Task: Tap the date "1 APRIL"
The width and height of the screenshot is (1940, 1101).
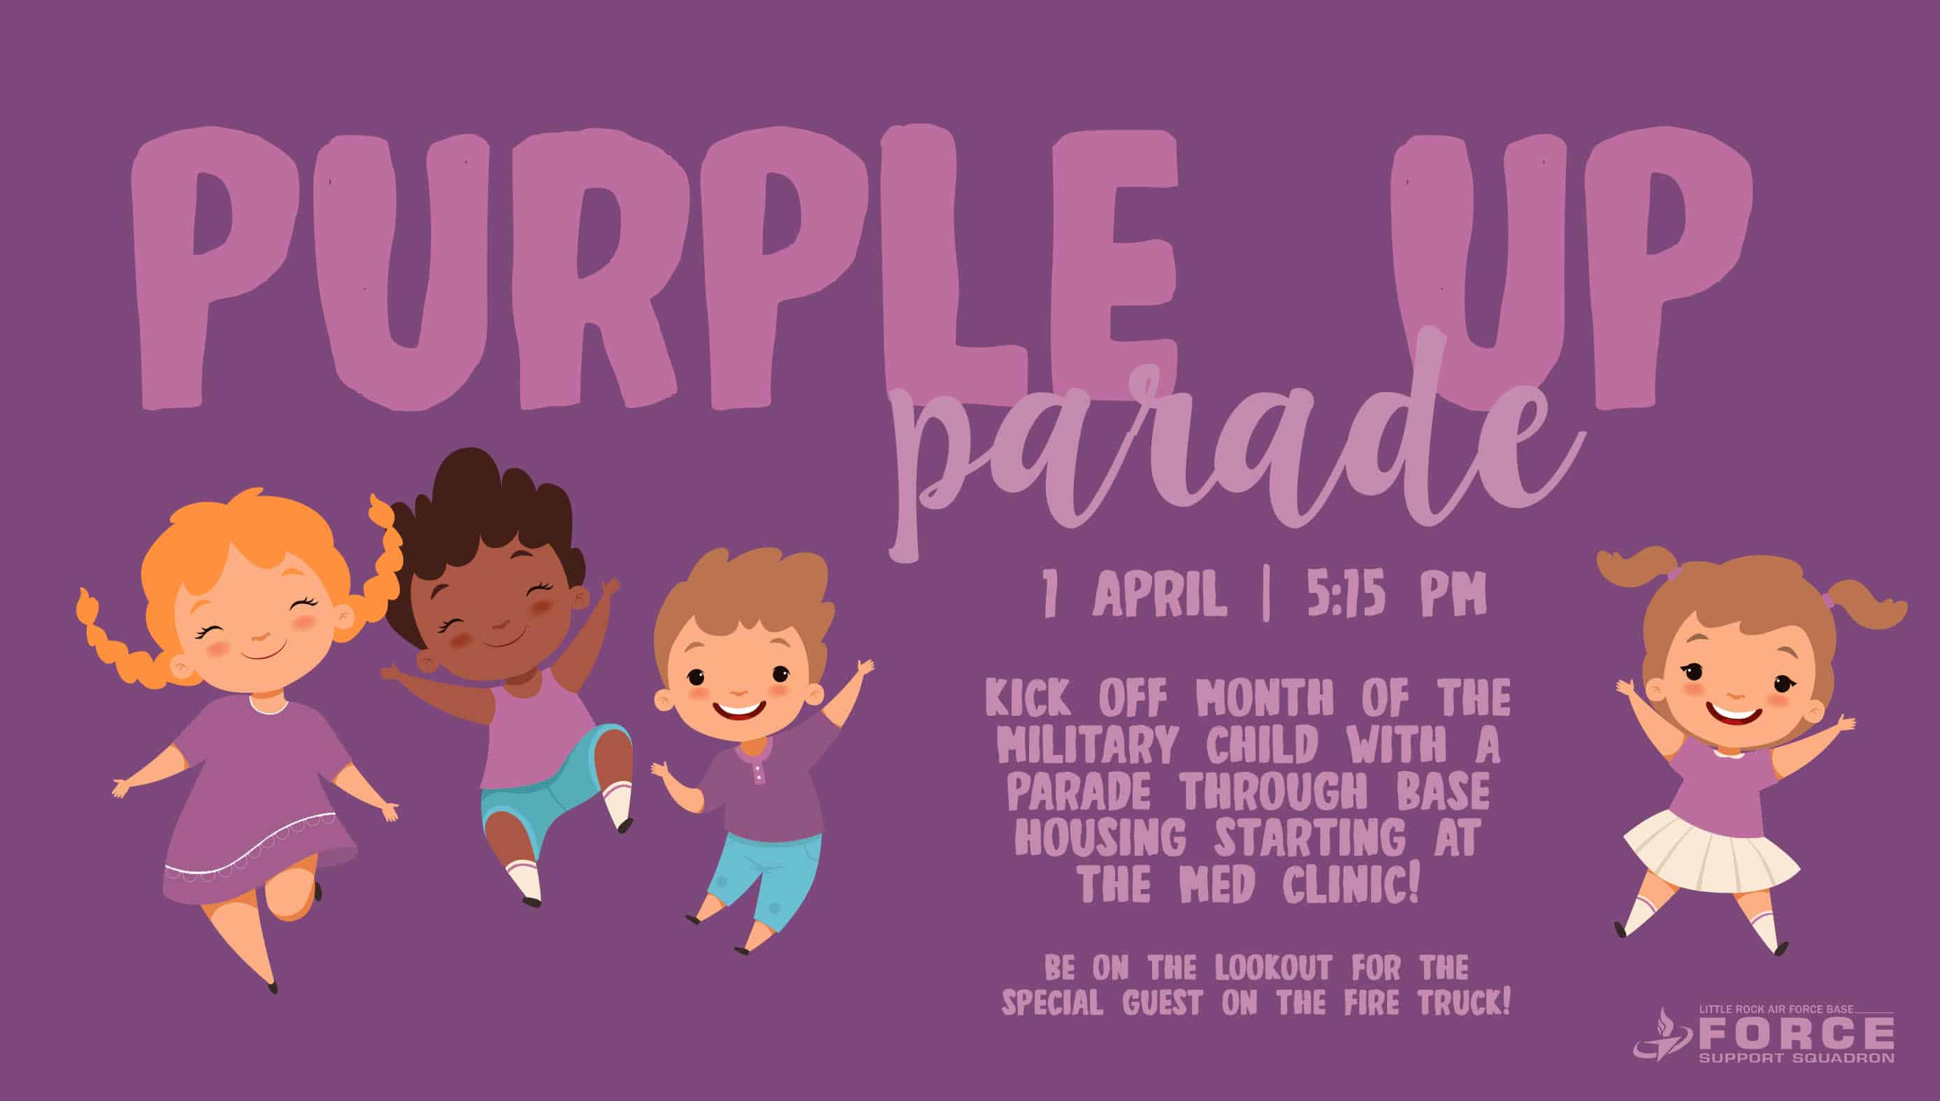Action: [x=1134, y=595]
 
